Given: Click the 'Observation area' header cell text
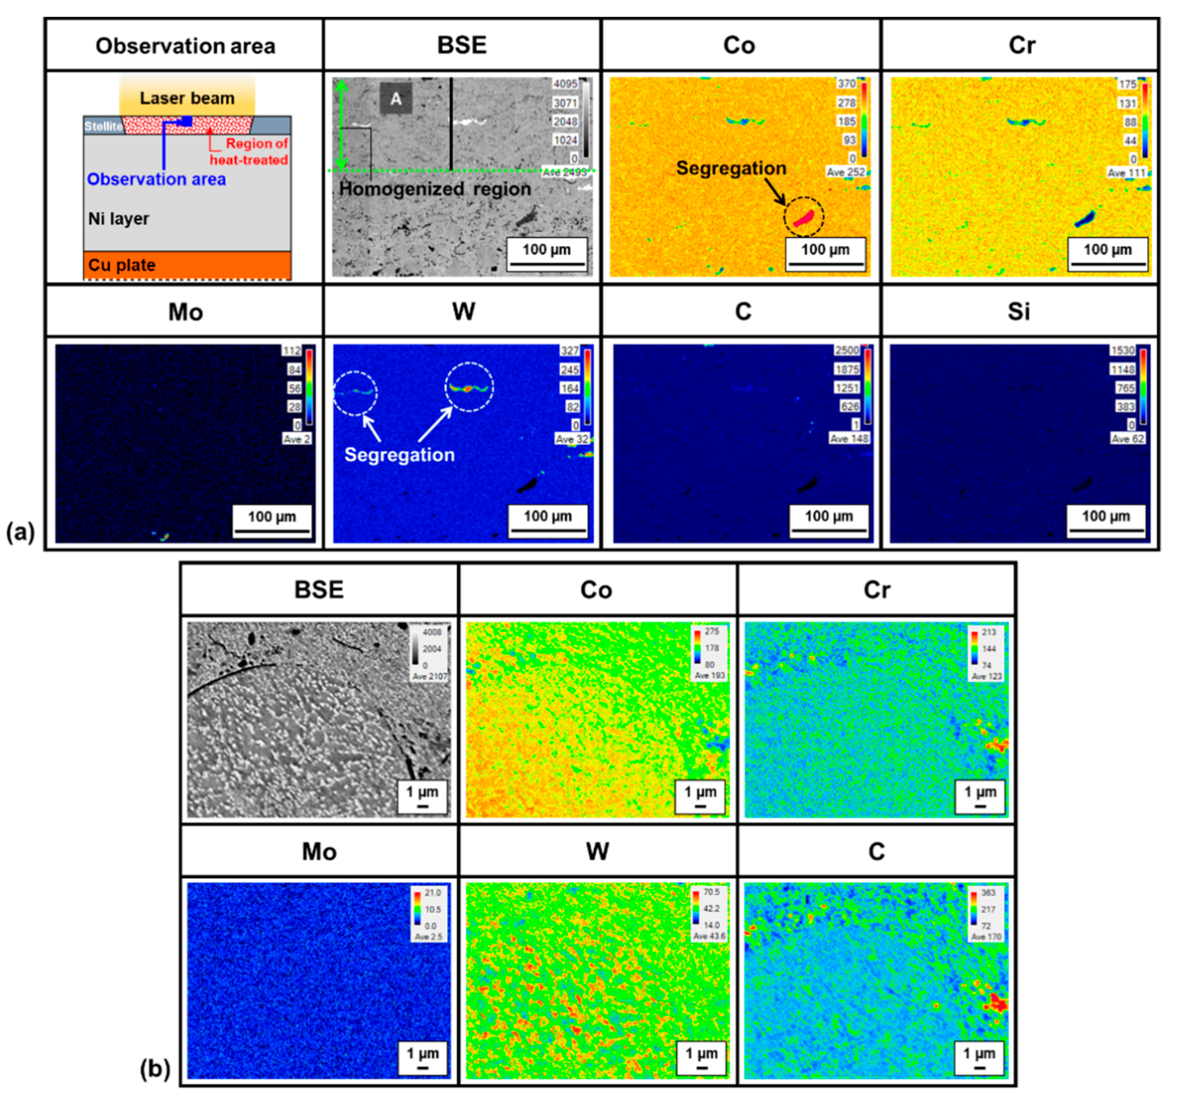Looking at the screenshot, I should (185, 46).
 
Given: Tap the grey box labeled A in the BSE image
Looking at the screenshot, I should (395, 98).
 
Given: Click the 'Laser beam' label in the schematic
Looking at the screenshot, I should (187, 98).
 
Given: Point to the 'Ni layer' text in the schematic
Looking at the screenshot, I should (119, 218).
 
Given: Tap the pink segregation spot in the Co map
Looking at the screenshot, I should (805, 218).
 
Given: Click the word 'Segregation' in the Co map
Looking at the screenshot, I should (731, 168).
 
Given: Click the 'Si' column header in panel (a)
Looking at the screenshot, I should (1019, 312).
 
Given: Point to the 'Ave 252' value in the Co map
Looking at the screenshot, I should (846, 172).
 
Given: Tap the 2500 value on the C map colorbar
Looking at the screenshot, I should (846, 350).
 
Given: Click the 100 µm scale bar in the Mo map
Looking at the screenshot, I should (272, 521).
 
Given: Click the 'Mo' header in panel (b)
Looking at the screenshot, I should (319, 852).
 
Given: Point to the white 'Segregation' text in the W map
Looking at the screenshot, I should (400, 454).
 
